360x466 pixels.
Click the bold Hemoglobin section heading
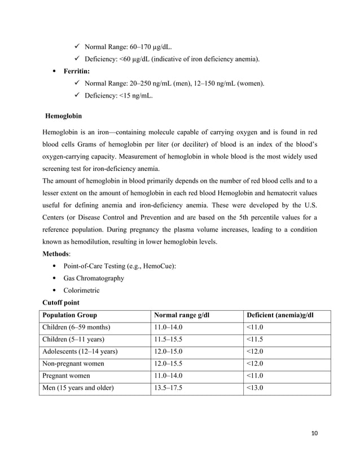pyautogui.click(x=63, y=116)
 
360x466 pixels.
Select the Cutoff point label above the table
pyautogui.click(x=63, y=302)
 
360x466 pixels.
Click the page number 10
pyautogui.click(x=314, y=433)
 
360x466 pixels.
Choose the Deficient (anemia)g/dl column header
pyautogui.click(x=279, y=315)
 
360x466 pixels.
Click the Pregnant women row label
pyautogui.click(x=65, y=375)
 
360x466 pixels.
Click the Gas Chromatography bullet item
pyautogui.click(x=94, y=278)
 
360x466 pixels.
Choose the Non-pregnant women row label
pyautogui.click(x=73, y=363)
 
